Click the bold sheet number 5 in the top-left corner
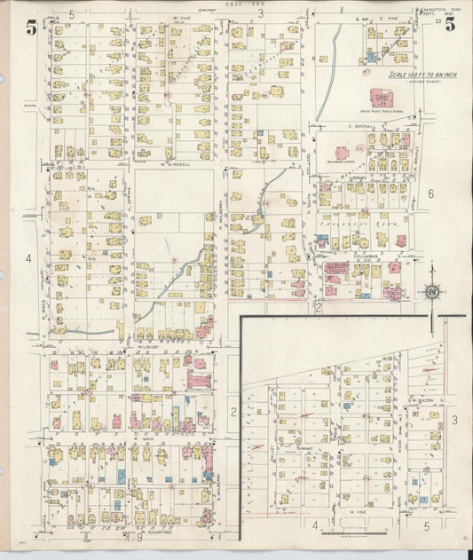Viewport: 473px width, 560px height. point(32,27)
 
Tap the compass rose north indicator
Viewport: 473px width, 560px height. point(432,291)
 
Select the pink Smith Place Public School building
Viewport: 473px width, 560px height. point(382,97)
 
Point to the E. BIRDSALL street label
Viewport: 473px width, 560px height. point(357,126)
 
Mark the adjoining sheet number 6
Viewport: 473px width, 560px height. point(430,193)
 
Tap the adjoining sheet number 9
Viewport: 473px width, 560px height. point(139,536)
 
